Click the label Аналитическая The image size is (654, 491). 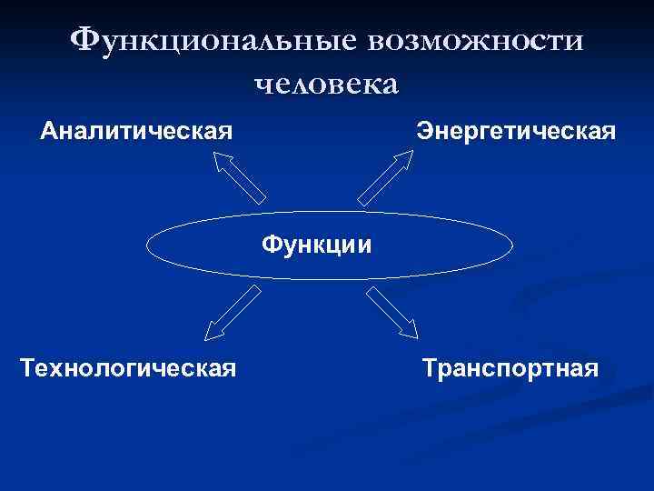click(136, 131)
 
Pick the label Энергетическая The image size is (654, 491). click(516, 131)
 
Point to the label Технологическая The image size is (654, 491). click(128, 368)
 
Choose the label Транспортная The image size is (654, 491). click(510, 368)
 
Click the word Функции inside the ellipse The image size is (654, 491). click(316, 245)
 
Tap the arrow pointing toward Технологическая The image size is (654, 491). click(233, 312)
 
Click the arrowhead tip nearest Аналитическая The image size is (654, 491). click(214, 152)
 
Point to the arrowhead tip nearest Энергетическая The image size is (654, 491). click(413, 151)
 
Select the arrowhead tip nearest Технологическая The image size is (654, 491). click(206, 338)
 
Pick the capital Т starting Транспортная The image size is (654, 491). click(429, 368)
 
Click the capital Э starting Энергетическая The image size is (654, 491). click(424, 131)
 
